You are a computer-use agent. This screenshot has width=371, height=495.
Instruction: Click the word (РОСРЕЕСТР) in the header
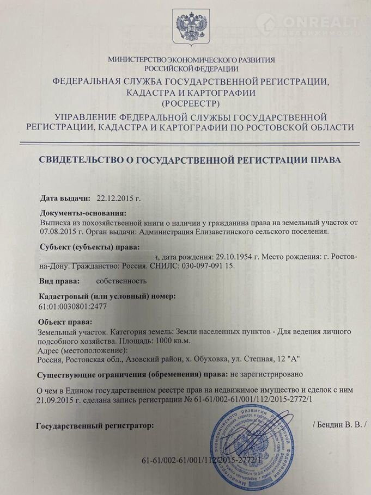pos(190,102)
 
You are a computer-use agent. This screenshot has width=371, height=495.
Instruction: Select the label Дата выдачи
pos(64,199)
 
